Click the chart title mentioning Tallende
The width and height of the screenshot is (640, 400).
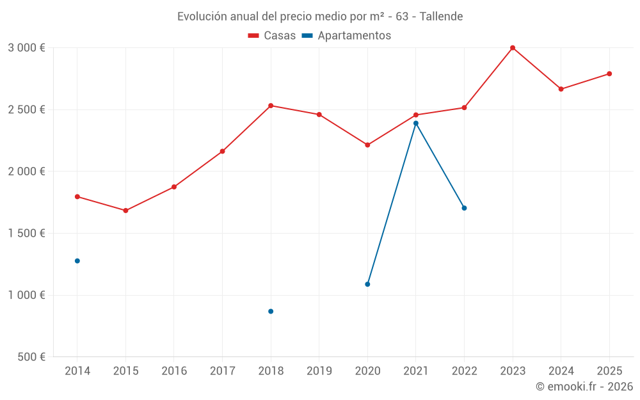click(320, 16)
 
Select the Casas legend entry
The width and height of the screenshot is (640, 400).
click(272, 36)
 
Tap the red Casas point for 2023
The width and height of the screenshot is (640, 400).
click(513, 48)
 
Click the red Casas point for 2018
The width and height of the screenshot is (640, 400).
click(271, 106)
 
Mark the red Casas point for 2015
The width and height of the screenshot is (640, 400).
click(125, 211)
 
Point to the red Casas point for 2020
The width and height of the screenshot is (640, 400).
click(367, 145)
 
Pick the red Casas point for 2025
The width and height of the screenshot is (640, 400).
click(609, 74)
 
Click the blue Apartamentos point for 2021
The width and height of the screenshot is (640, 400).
click(416, 123)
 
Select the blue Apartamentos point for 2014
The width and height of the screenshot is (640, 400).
click(77, 261)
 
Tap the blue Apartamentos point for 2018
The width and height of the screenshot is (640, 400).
click(271, 312)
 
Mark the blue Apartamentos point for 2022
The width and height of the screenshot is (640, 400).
click(464, 208)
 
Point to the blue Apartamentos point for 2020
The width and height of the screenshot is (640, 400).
click(367, 284)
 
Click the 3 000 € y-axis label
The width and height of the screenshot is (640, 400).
click(26, 48)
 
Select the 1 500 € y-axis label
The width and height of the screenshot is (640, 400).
click(26, 234)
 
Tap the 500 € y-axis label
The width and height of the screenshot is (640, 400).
click(30, 357)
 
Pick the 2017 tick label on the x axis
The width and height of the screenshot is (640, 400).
click(222, 371)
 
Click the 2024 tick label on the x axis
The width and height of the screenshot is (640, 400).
click(561, 371)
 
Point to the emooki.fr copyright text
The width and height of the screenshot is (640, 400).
click(584, 387)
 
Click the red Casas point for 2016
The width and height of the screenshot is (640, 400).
click(174, 187)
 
